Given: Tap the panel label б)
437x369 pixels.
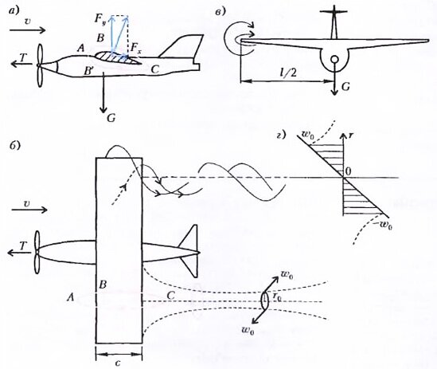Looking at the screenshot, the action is [x=14, y=145].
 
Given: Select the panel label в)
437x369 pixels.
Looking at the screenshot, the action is [x=220, y=12].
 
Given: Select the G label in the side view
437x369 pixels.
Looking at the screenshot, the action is [x=111, y=118].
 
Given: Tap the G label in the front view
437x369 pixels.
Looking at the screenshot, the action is [x=345, y=87].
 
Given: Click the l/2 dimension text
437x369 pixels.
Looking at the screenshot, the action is [x=288, y=73].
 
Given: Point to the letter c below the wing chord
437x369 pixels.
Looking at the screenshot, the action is [x=118, y=363].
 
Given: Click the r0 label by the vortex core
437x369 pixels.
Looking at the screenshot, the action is [x=277, y=297].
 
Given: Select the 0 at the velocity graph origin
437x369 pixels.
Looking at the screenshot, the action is [x=348, y=172].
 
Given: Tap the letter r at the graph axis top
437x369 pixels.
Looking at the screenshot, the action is [x=351, y=135].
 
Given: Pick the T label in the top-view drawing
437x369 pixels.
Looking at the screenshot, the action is [x=22, y=246].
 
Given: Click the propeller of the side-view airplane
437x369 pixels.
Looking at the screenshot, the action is [x=40, y=65].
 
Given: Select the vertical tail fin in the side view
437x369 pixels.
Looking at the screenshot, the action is [x=181, y=46].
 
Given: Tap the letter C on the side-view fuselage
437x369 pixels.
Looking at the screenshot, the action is [x=154, y=69].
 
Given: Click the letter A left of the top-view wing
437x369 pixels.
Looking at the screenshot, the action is [x=71, y=298].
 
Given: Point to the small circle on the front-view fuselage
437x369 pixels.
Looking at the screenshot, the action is [x=334, y=60].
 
